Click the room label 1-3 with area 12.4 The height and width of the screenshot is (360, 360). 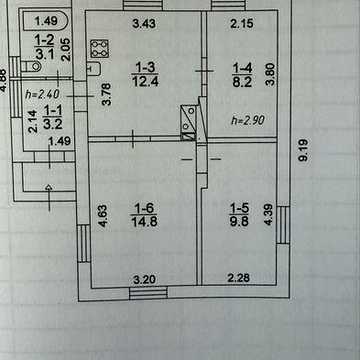pyautogui.click(x=144, y=74)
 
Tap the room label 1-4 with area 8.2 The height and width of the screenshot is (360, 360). pyautogui.click(x=242, y=75)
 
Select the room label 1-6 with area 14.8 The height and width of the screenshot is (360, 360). pyautogui.click(x=144, y=215)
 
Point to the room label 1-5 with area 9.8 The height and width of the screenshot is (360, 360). pyautogui.click(x=239, y=215)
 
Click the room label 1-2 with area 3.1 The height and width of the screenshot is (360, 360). pyautogui.click(x=44, y=47)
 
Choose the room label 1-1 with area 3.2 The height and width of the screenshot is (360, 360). pyautogui.click(x=52, y=118)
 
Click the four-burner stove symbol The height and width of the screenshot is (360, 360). pyautogui.click(x=100, y=49)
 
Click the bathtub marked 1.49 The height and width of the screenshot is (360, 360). pyautogui.click(x=46, y=21)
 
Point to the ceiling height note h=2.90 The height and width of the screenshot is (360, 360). pyautogui.click(x=248, y=120)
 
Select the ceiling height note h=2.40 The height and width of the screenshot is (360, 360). pyautogui.click(x=43, y=95)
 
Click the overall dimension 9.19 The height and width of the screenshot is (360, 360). pyautogui.click(x=303, y=150)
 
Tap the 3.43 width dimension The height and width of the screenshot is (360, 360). pyautogui.click(x=144, y=24)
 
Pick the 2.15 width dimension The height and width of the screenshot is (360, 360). pyautogui.click(x=242, y=24)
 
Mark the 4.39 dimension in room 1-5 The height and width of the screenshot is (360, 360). pyautogui.click(x=268, y=215)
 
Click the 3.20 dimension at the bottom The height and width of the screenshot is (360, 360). pyautogui.click(x=144, y=279)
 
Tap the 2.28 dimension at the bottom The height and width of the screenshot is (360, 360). pyautogui.click(x=239, y=278)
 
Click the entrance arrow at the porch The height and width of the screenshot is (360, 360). pyautogui.click(x=49, y=198)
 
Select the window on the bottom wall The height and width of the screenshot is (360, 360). pyautogui.click(x=148, y=294)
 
